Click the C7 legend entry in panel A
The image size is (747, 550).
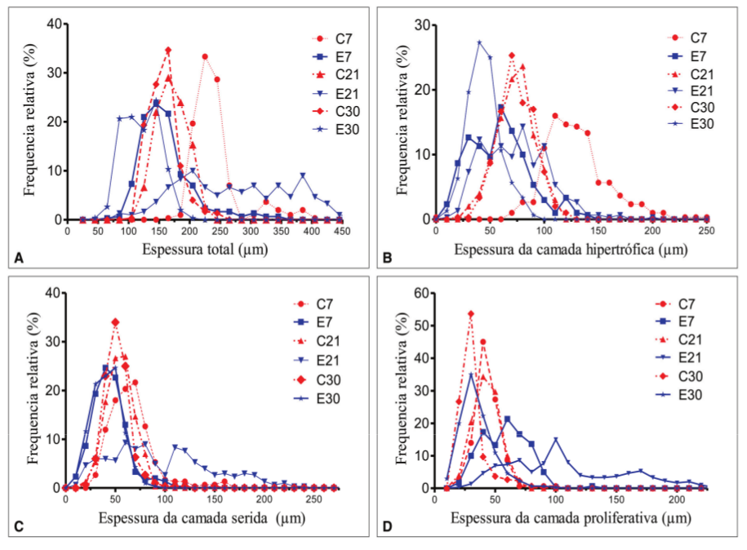[x=331, y=38]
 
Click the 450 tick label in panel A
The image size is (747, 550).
[x=341, y=231]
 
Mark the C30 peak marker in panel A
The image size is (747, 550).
[x=168, y=51]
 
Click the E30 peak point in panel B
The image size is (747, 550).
[x=479, y=42]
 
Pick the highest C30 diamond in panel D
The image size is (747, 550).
[x=471, y=313]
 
